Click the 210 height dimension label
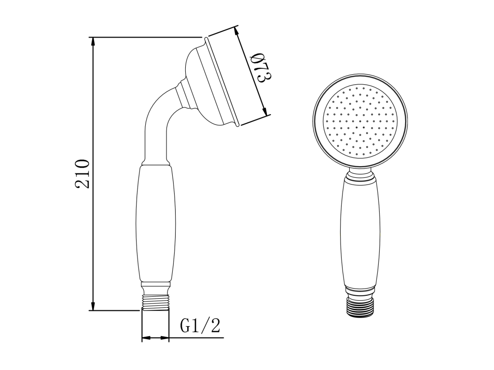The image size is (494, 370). coord(82,174)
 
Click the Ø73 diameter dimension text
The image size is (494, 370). coord(261,68)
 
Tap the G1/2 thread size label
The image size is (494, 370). coord(200,326)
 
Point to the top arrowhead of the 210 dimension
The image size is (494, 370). coord(93,43)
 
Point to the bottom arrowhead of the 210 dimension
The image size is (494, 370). coord(93,304)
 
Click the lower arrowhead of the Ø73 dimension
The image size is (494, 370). coord(266,110)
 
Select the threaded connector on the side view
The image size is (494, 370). coord(155,303)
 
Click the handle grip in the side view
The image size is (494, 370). coord(154,224)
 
